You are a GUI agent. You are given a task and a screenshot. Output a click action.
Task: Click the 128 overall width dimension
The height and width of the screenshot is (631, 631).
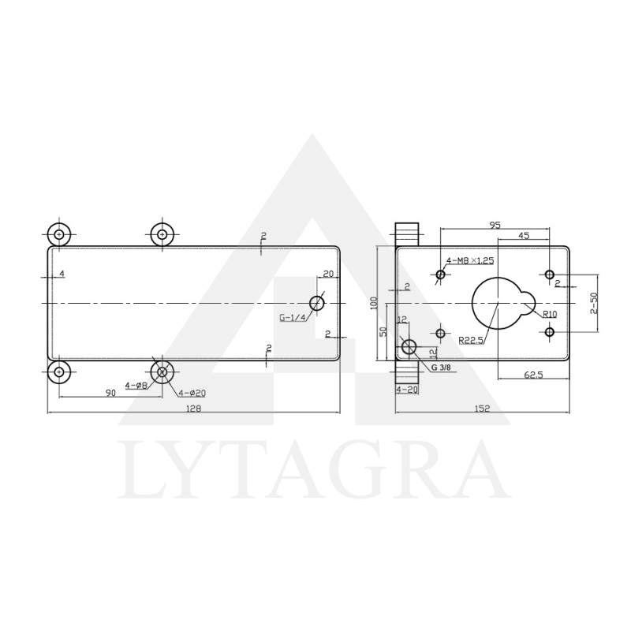click(x=193, y=408)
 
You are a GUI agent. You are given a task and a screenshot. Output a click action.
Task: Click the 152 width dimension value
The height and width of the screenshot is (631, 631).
click(x=483, y=408)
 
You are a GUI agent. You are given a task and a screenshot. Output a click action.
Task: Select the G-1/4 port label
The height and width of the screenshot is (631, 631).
click(x=292, y=318)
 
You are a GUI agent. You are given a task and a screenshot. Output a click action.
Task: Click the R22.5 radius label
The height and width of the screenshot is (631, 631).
click(x=472, y=340)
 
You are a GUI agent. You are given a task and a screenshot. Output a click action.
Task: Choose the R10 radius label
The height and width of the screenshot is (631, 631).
click(x=550, y=314)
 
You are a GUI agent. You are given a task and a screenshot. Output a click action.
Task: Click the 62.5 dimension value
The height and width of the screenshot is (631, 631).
click(x=533, y=375)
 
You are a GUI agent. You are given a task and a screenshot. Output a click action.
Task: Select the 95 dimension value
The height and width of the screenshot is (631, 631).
click(x=495, y=225)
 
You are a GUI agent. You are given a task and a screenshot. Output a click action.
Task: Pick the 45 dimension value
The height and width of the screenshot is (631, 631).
click(x=524, y=236)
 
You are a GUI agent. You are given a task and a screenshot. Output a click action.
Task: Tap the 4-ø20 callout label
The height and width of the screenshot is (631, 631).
click(x=192, y=392)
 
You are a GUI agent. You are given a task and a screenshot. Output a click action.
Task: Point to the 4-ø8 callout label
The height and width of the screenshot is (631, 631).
click(x=136, y=386)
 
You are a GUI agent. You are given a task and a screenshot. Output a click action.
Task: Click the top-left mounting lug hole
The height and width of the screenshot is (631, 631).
click(x=59, y=234)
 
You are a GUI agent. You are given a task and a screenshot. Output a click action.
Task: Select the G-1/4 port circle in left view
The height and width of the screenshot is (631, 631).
click(x=317, y=304)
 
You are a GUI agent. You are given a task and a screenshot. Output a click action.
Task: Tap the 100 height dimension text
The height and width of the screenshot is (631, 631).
click(x=375, y=303)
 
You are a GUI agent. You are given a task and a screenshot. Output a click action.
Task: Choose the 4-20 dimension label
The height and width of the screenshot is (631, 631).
click(x=407, y=390)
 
